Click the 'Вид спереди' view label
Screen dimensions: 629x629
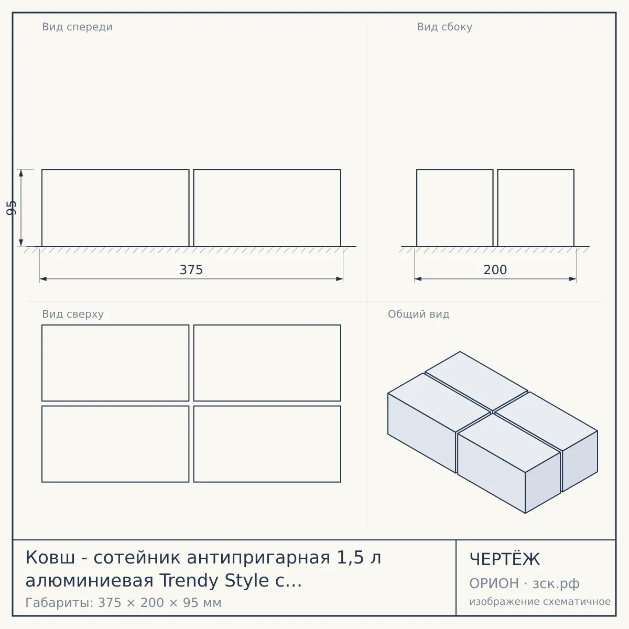click(77, 27)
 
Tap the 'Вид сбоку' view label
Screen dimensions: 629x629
click(444, 27)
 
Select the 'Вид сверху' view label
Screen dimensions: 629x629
click(73, 314)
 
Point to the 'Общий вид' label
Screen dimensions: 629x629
click(418, 314)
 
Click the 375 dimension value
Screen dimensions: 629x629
click(191, 270)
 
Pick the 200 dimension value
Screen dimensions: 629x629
click(495, 270)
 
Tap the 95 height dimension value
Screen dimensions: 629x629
click(12, 208)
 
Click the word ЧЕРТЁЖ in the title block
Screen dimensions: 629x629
click(505, 559)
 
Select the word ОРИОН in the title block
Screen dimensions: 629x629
click(494, 583)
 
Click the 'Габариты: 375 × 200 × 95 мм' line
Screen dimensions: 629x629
click(123, 603)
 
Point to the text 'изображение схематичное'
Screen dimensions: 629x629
click(540, 601)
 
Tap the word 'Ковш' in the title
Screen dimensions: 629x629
click(50, 557)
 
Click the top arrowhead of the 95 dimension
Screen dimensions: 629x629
click(21, 173)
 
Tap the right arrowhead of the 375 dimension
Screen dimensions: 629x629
click(340, 279)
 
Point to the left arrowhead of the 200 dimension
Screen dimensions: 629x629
click(418, 279)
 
